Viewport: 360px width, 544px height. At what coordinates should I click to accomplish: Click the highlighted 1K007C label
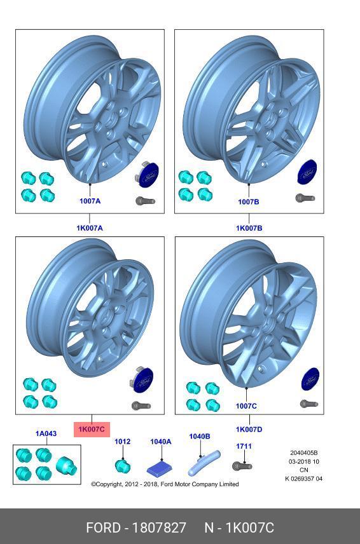[92, 429]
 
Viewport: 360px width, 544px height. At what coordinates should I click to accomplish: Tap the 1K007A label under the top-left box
[90, 228]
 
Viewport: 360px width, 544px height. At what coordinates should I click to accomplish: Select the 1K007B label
[249, 228]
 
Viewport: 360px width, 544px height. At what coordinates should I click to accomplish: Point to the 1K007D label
[249, 429]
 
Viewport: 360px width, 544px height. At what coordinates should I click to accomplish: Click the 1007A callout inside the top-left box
[90, 201]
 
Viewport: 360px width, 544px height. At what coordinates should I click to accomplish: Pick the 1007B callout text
[249, 201]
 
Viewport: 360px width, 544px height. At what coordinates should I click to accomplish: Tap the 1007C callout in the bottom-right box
[246, 405]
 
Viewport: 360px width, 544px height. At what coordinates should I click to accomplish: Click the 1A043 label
[46, 433]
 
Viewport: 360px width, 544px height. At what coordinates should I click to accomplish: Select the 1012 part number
[123, 441]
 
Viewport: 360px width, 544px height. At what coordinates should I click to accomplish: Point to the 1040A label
[161, 441]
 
